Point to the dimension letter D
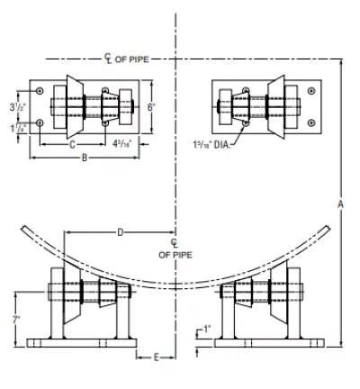120,234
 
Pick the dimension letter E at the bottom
156,357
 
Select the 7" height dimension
16,321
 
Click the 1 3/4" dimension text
16,128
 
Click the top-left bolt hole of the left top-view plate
40,91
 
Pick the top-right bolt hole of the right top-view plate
312,91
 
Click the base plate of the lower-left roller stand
81,342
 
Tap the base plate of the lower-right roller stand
271,342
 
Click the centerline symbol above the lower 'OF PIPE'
175,243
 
